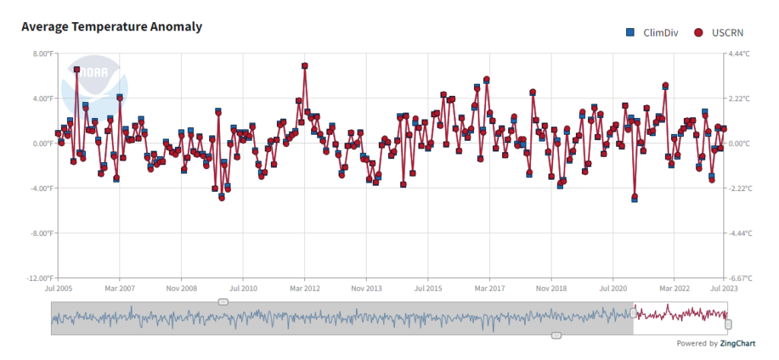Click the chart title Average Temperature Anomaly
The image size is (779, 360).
112,27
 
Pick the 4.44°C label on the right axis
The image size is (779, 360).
740,54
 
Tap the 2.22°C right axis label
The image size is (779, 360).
740,99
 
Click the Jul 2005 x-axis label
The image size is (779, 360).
58,289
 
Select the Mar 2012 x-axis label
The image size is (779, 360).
304,289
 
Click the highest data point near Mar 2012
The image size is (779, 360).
304,66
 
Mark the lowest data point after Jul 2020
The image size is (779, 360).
634,197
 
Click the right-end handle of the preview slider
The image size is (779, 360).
728,324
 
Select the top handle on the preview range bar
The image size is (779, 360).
223,302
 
